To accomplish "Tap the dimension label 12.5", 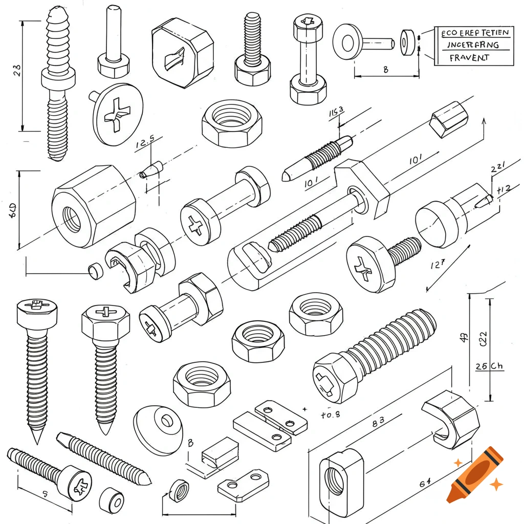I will tap(145, 144).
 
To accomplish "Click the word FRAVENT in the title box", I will tap(469, 58).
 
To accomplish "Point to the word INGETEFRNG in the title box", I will tap(473, 45).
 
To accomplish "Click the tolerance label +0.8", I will tap(330, 415).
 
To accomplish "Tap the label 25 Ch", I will tap(489, 366).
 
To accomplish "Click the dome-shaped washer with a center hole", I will tap(159, 428).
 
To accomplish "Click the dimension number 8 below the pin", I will tap(385, 70).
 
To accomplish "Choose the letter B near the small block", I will tap(190, 443).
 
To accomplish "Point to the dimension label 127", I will tap(437, 265).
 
